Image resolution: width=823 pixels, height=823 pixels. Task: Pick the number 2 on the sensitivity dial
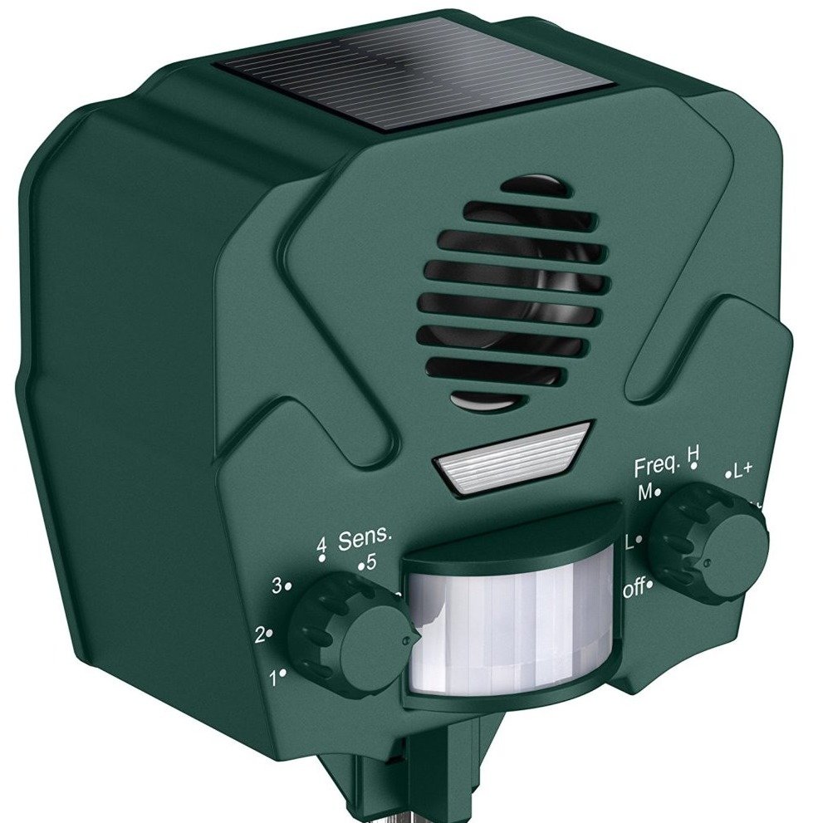[260, 636]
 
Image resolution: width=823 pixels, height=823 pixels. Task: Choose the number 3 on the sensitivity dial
[277, 586]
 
